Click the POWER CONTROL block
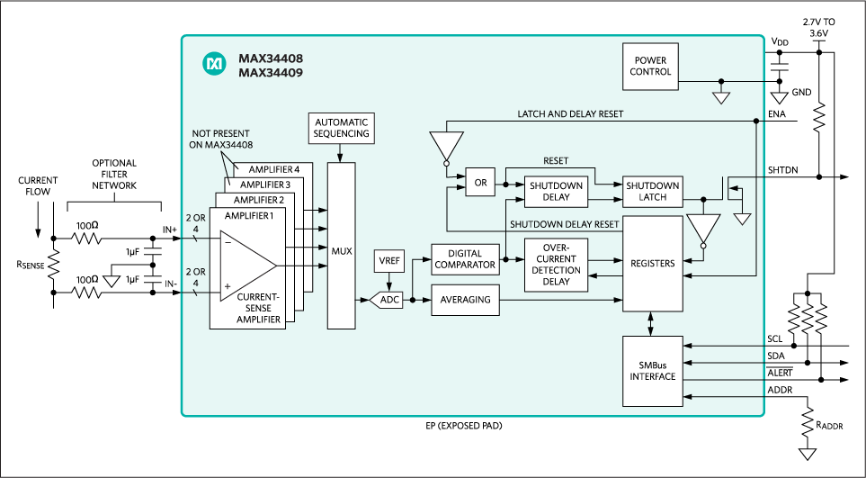[652, 67]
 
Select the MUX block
[341, 250]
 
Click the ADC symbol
[387, 300]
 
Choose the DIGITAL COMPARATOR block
[464, 258]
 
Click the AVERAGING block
[464, 300]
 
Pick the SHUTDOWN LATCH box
[652, 191]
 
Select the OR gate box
[480, 183]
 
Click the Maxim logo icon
[214, 63]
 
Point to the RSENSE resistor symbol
[54, 265]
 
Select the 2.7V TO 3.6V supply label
[817, 27]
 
